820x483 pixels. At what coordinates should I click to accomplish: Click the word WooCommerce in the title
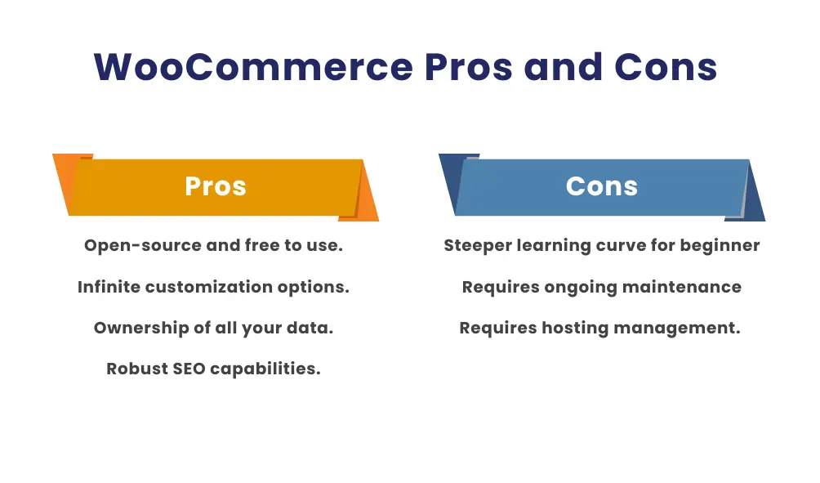click(x=253, y=67)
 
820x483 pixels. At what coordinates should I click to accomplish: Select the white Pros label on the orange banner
click(x=216, y=186)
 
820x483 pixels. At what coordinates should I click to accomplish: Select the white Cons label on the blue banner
click(x=602, y=186)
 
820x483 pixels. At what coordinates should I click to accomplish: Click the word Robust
click(x=136, y=369)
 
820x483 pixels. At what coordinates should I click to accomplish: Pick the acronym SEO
click(x=189, y=369)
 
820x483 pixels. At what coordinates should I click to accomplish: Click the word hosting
click(x=569, y=329)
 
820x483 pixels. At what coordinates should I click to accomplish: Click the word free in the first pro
click(x=262, y=246)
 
